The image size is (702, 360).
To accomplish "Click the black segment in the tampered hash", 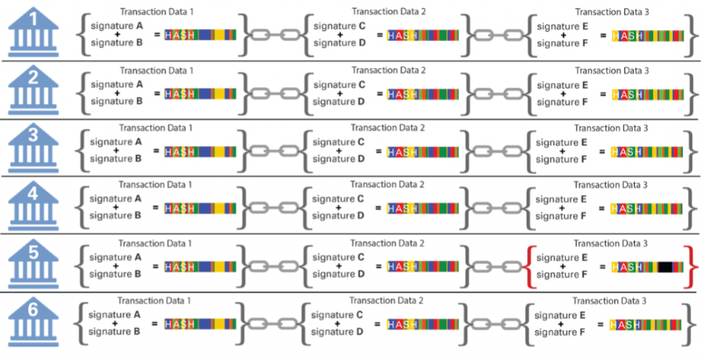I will point(665,267).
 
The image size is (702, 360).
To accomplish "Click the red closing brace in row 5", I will point(694,267).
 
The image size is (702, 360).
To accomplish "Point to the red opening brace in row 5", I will point(527,267).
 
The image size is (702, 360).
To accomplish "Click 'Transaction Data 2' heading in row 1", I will point(388,11).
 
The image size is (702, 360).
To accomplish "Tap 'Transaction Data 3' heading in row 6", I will point(611,301).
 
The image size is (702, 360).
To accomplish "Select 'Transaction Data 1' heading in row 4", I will point(157,185).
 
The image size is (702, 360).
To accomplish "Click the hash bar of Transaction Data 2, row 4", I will point(423,208).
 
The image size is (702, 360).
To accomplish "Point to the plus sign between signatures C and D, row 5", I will point(338,266).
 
